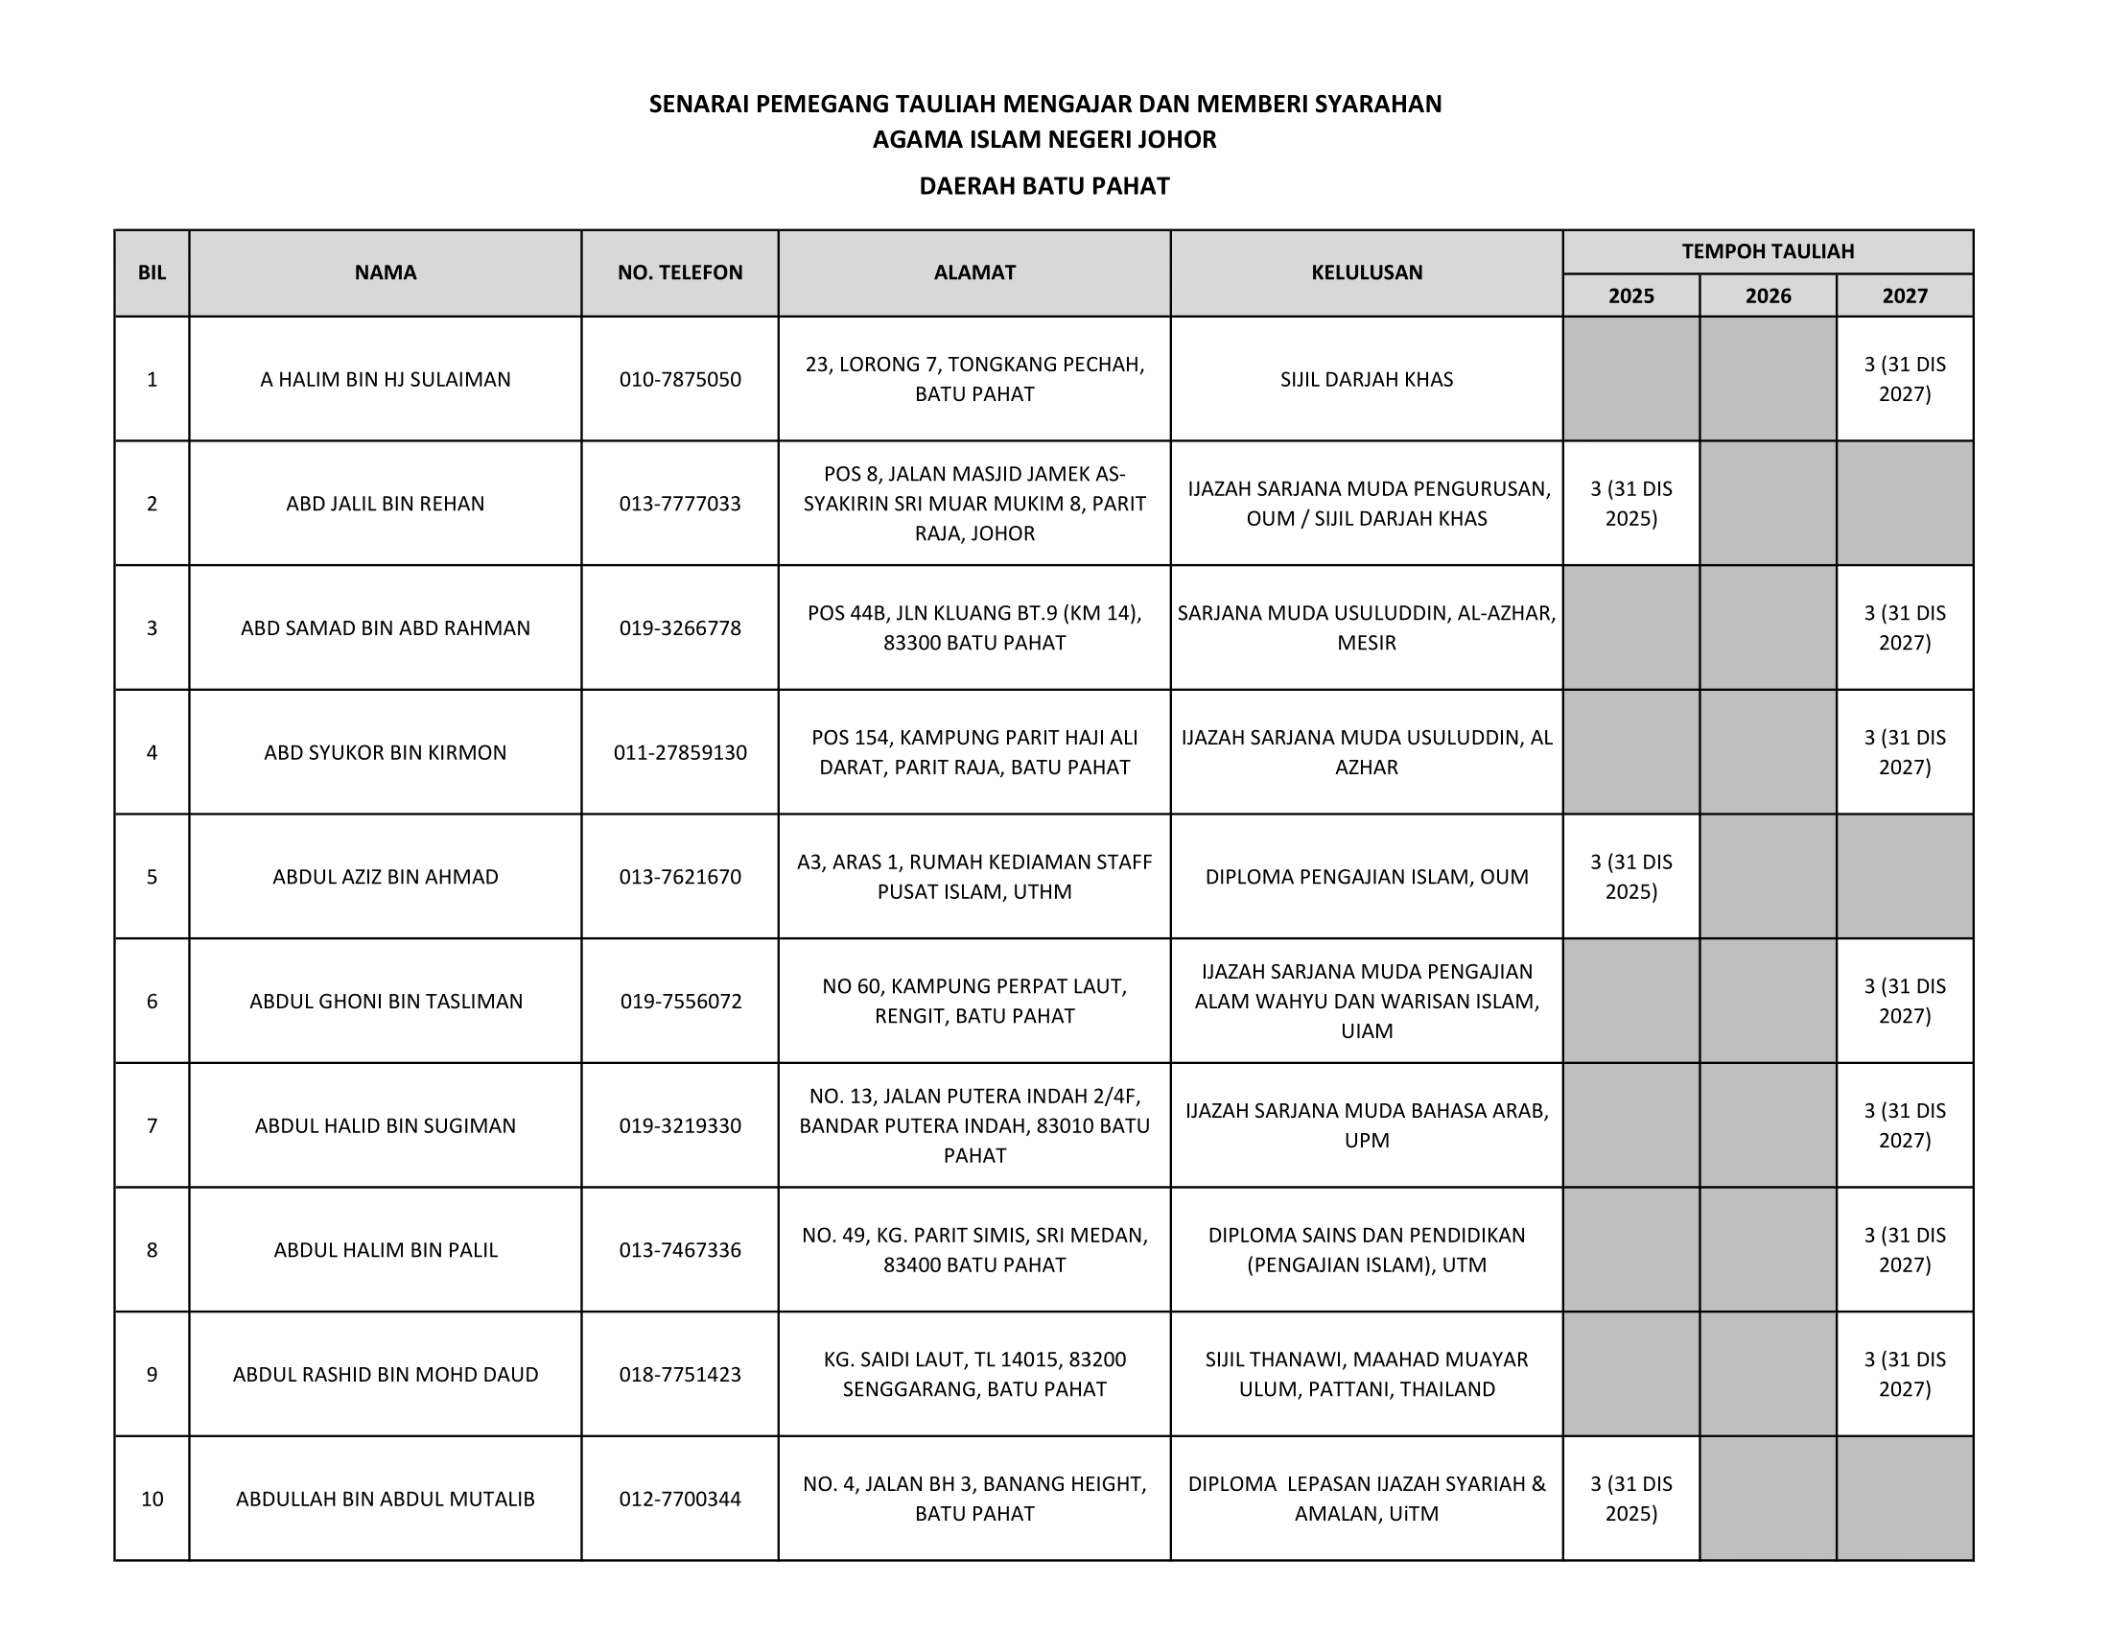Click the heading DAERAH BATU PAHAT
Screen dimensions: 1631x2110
[x=1043, y=185]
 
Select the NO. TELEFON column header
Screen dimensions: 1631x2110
[x=680, y=272]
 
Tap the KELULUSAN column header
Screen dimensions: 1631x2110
[x=1366, y=272]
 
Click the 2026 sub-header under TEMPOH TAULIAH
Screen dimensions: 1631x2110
[x=1767, y=295]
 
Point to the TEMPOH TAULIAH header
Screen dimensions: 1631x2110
[x=1767, y=251]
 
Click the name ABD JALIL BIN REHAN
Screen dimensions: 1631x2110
[x=385, y=504]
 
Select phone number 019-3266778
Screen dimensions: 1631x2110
[x=680, y=628]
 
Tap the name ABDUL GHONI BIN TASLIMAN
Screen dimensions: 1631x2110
[x=386, y=1001]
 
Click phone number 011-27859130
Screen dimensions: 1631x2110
[x=680, y=753]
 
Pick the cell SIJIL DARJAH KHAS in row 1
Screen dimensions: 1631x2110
[x=1366, y=379]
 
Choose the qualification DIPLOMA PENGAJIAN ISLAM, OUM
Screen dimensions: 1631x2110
[x=1366, y=876]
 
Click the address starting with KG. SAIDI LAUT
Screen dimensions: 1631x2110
[x=973, y=1374]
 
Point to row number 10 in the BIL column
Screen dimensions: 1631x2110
[x=152, y=1499]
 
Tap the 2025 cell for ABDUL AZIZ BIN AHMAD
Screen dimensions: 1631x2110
[x=1630, y=876]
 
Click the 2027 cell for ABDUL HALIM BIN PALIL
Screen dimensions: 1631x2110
[x=1904, y=1249]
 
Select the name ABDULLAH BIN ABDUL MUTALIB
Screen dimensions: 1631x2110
[x=385, y=1499]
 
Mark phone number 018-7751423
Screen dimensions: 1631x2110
[x=680, y=1374]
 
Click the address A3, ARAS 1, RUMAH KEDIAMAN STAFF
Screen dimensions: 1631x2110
[x=973, y=876]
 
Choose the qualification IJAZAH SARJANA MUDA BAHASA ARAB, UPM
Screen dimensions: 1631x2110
[x=1366, y=1125]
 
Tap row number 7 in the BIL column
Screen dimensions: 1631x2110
[x=152, y=1125]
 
